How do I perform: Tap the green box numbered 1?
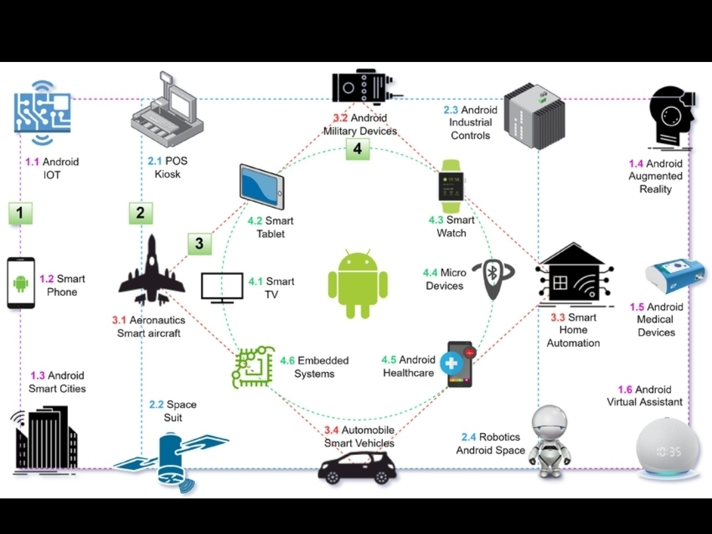(x=20, y=213)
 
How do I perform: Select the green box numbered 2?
(x=140, y=213)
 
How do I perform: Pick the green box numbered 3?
(x=199, y=244)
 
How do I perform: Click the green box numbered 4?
(x=357, y=149)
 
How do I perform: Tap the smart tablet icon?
(x=262, y=187)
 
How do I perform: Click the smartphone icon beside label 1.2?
(x=21, y=283)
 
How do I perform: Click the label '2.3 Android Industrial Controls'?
(x=470, y=123)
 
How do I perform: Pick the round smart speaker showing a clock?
(x=667, y=446)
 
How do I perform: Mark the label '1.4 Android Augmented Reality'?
(x=655, y=176)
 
